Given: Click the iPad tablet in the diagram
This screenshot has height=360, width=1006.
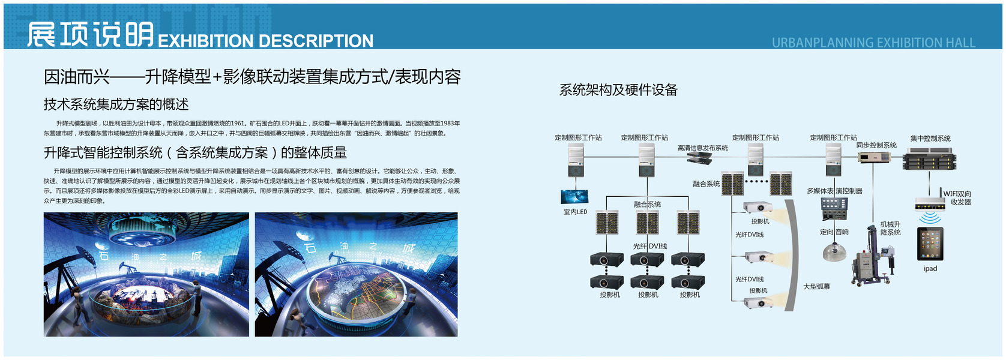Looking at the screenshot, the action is pyautogui.click(x=930, y=244).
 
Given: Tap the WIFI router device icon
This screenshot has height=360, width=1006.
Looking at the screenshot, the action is pyautogui.click(x=930, y=204).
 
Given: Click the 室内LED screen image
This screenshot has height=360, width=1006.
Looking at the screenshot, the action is pyautogui.click(x=574, y=197).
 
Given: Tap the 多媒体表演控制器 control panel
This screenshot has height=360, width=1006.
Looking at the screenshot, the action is pyautogui.click(x=834, y=209).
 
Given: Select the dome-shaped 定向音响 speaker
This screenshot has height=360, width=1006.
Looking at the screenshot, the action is pyautogui.click(x=833, y=251).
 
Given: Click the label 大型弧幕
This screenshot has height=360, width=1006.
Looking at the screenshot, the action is pyautogui.click(x=816, y=287).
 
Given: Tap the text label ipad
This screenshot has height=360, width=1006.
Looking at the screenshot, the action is pyautogui.click(x=930, y=269).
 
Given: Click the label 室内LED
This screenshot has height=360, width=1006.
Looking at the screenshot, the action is pyautogui.click(x=575, y=212).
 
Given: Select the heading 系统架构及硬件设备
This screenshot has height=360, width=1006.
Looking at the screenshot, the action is pyautogui.click(x=618, y=90).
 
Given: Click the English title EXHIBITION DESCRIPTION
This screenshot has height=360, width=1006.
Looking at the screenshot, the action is pyautogui.click(x=265, y=41).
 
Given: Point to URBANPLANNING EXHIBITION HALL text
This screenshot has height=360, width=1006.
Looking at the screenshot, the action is pyautogui.click(x=873, y=43).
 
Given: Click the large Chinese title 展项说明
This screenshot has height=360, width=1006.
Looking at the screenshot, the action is pyautogui.click(x=90, y=34).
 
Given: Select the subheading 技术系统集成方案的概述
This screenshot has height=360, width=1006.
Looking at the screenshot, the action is pyautogui.click(x=116, y=104).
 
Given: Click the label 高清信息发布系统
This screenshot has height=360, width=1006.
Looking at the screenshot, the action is pyautogui.click(x=702, y=148).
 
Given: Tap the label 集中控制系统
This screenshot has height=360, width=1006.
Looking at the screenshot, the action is pyautogui.click(x=930, y=139).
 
